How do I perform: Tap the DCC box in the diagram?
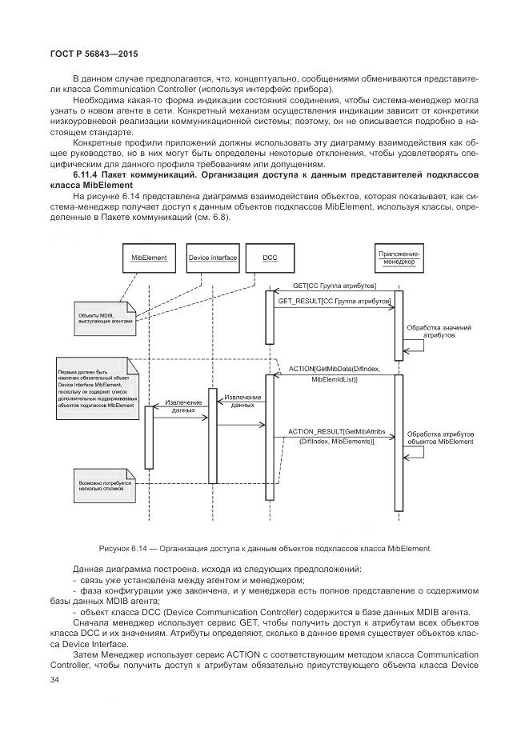(270, 258)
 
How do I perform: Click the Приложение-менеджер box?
(398, 257)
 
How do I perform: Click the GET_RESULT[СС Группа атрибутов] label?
(334, 302)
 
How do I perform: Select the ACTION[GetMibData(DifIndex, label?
(335, 369)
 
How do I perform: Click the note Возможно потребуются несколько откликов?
(102, 486)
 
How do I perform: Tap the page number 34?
(33, 679)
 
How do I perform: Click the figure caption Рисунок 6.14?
(264, 548)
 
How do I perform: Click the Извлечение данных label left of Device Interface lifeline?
(178, 406)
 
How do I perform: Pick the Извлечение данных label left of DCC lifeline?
(242, 401)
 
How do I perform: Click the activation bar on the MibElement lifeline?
(148, 436)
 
